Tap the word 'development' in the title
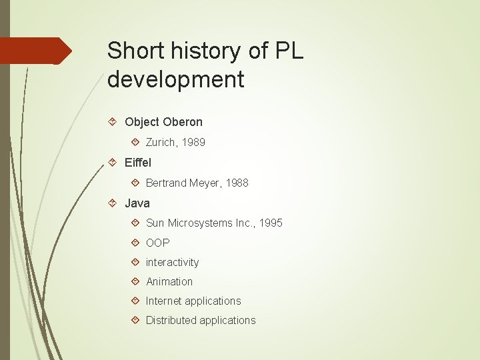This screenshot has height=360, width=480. [175, 79]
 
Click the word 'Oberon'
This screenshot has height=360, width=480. [183, 122]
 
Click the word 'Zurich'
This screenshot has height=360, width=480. [161, 142]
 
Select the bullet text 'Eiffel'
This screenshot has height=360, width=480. [138, 163]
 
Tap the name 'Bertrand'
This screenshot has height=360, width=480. [167, 183]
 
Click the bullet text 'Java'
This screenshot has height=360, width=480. [137, 203]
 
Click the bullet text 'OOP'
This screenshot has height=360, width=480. [158, 243]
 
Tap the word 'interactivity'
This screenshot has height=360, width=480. [173, 262]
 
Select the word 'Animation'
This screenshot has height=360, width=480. [169, 281]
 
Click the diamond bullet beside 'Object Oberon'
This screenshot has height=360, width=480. [113, 122]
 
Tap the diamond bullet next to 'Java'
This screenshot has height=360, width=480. [113, 203]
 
